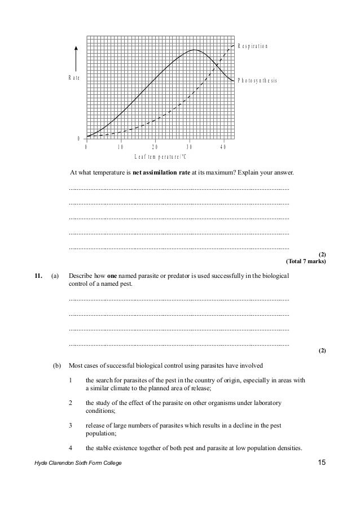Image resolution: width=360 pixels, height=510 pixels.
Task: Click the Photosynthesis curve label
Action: click(257, 81)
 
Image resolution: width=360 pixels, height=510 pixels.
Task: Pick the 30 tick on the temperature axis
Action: click(189, 147)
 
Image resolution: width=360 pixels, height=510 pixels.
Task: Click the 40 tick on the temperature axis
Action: click(223, 147)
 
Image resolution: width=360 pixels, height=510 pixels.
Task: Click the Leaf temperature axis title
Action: click(160, 156)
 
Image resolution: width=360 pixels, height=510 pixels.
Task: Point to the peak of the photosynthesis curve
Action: click(194, 50)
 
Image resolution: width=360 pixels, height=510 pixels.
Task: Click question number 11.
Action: click(38, 276)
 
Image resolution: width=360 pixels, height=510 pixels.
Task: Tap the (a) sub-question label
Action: click(55, 276)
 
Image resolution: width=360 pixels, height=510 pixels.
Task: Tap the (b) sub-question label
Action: click(56, 365)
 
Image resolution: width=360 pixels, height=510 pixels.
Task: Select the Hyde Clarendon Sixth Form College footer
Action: click(76, 464)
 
